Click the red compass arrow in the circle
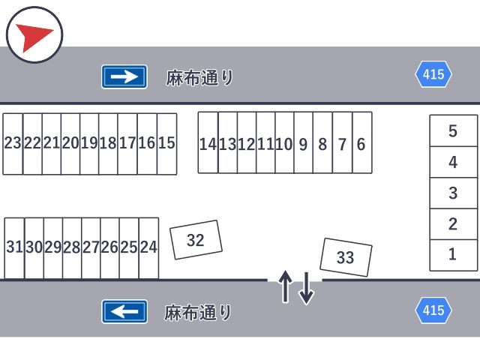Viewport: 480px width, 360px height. tap(33, 35)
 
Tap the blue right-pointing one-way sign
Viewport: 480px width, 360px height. tap(124, 76)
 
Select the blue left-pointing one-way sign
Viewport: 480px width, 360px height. tap(124, 310)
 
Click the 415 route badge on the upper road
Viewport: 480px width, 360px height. tap(433, 74)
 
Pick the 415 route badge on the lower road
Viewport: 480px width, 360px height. tap(433, 310)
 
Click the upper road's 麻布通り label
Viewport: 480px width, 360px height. tap(199, 77)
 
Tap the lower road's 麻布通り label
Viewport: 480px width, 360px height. tap(198, 312)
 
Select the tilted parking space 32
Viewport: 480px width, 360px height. tap(196, 240)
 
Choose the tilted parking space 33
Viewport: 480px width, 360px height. tap(346, 257)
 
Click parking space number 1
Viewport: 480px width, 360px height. tap(453, 255)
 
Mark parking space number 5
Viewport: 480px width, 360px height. tap(453, 131)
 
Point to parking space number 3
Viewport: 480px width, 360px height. tap(453, 193)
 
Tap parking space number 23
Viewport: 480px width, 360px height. tap(13, 143)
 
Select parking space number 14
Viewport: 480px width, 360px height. tap(208, 144)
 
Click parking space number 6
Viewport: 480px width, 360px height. tap(361, 144)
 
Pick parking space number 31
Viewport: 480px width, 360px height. tap(14, 247)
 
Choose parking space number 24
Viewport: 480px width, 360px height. tap(148, 247)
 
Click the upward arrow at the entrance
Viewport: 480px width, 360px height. tap(285, 286)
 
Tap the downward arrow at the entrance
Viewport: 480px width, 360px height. tap(306, 288)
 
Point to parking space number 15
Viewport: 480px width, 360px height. tap(166, 143)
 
